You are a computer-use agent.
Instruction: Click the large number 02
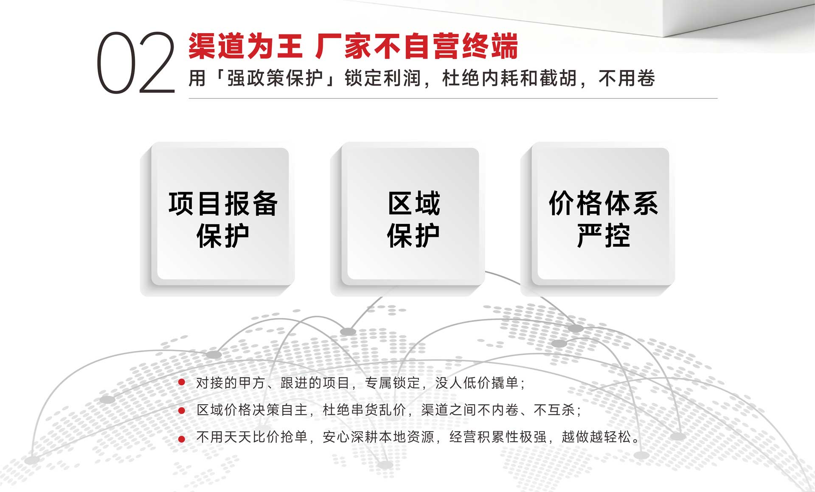coord(136,62)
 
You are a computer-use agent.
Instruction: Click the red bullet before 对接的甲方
coord(182,383)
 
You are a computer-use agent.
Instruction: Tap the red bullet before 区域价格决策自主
coord(182,410)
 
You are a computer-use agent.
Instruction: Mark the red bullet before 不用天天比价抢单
coord(182,439)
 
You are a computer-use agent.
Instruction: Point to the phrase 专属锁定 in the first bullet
coord(392,383)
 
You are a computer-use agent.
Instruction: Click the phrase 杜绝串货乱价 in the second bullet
coord(364,410)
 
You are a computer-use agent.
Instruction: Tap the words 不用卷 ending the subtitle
coord(627,78)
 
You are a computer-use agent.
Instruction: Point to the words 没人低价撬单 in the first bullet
coord(477,383)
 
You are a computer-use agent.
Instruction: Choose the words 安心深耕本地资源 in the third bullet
coord(378,436)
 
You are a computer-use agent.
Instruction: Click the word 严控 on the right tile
coord(603,235)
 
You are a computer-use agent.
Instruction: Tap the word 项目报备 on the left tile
coord(223,204)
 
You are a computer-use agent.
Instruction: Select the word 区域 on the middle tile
coord(414,204)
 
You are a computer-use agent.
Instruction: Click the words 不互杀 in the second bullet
coord(554,410)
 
